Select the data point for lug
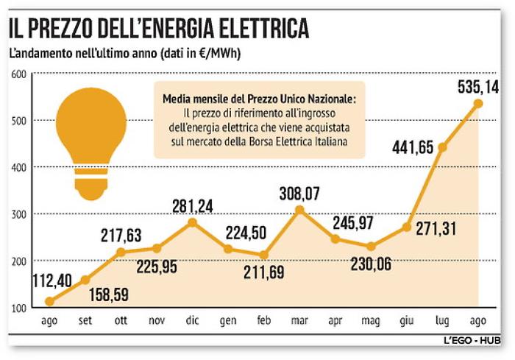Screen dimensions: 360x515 (442, 147)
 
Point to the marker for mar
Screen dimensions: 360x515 (299, 210)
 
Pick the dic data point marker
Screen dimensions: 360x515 (192, 222)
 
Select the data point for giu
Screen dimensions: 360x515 (406, 227)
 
